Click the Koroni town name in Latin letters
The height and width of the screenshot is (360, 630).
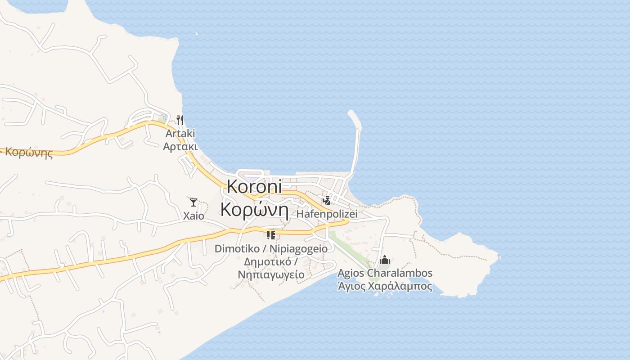pos(254,187)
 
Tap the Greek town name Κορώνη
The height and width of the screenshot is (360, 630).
pos(254,210)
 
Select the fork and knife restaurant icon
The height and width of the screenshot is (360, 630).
pos(180,120)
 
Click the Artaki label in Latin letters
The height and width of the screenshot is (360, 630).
pos(180,134)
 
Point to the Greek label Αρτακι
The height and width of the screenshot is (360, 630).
pos(180,146)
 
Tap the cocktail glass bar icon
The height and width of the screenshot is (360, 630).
pos(193,202)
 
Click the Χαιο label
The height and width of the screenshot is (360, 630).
pos(193,216)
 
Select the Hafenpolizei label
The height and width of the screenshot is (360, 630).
pos(327,214)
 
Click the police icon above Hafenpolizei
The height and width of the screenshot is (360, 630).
pos(327,200)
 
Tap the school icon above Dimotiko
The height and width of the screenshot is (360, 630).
pos(270,235)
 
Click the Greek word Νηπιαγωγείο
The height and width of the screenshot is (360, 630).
pos(271,274)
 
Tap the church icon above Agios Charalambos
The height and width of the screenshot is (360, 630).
pos(385,260)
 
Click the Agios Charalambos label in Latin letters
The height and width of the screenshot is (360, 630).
pos(385,273)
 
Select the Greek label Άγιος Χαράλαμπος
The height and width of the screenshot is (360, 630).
pos(385,286)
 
